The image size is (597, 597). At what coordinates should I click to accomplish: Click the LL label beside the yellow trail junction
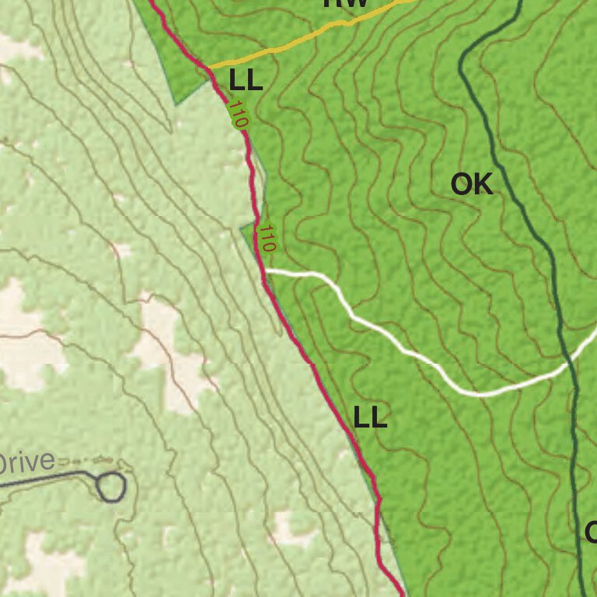[x=246, y=79]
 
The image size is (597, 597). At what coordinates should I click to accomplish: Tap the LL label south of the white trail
[x=370, y=418]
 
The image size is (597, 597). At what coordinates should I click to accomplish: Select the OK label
[x=472, y=184]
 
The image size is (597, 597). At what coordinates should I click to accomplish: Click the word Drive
[x=27, y=463]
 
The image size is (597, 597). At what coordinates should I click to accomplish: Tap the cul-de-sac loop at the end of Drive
[x=111, y=487]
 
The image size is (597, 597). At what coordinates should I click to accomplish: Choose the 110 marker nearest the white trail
[x=267, y=237]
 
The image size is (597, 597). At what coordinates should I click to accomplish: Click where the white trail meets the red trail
[x=266, y=271]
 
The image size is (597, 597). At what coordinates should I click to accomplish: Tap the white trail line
[x=404, y=350]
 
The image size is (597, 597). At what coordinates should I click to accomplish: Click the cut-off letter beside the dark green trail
[x=591, y=533]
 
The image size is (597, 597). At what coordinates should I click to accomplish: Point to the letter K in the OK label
[x=483, y=184]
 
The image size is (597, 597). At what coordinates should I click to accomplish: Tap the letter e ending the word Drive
[x=48, y=463]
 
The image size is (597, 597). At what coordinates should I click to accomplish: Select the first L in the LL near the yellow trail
[x=236, y=79]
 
